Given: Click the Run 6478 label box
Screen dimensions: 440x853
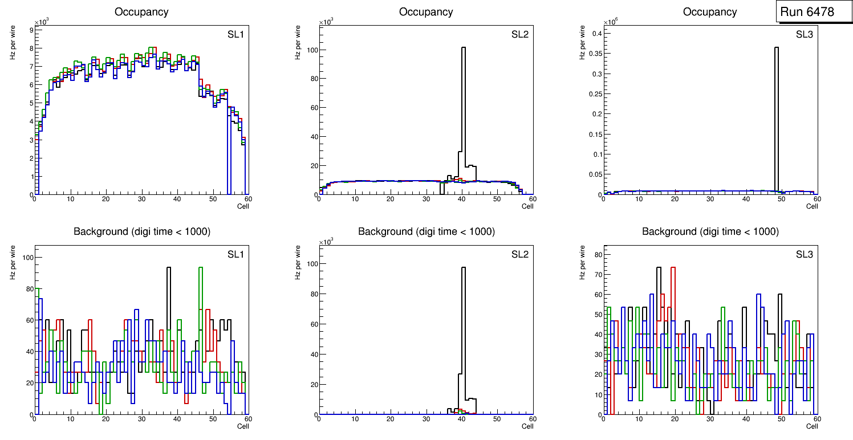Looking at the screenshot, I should (x=807, y=11).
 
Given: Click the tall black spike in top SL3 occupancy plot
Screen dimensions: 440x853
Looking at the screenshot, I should (x=777, y=114).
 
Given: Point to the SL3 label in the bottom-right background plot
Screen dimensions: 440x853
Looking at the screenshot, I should (x=805, y=254).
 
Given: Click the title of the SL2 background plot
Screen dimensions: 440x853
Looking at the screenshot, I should (x=426, y=231).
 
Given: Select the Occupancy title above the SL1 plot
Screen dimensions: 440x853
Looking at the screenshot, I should (x=141, y=11).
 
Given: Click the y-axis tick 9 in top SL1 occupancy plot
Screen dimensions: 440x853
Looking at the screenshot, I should (x=31, y=28).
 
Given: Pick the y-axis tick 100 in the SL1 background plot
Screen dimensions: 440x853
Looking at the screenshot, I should (x=26, y=258).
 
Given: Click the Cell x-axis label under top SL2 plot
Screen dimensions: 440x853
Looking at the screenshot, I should (x=527, y=206).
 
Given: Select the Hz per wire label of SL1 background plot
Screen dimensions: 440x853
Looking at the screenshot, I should (x=13, y=263).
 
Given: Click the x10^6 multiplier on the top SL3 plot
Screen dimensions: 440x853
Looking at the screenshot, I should (x=610, y=22).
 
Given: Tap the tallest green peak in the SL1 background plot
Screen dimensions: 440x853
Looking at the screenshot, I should (x=201, y=274).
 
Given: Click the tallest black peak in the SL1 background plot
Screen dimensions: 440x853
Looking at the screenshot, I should (x=169, y=274).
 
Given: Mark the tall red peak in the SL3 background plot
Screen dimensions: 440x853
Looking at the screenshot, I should (x=673, y=274).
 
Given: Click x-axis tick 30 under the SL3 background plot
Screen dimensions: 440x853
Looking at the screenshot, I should (x=710, y=419).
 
